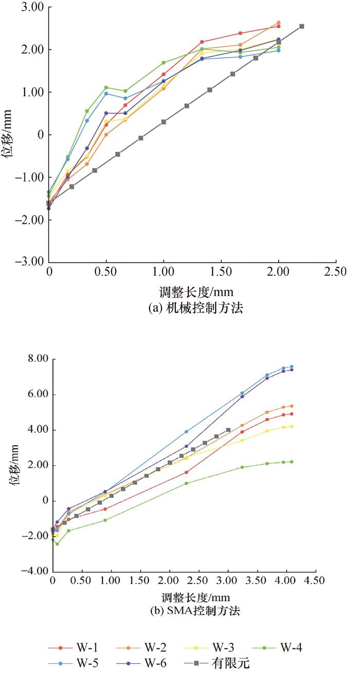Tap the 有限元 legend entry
tap(229, 664)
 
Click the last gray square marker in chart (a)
tap(302, 26)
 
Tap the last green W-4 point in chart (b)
tap(292, 462)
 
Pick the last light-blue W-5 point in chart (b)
tap(292, 366)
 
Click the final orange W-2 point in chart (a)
tap(279, 23)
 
